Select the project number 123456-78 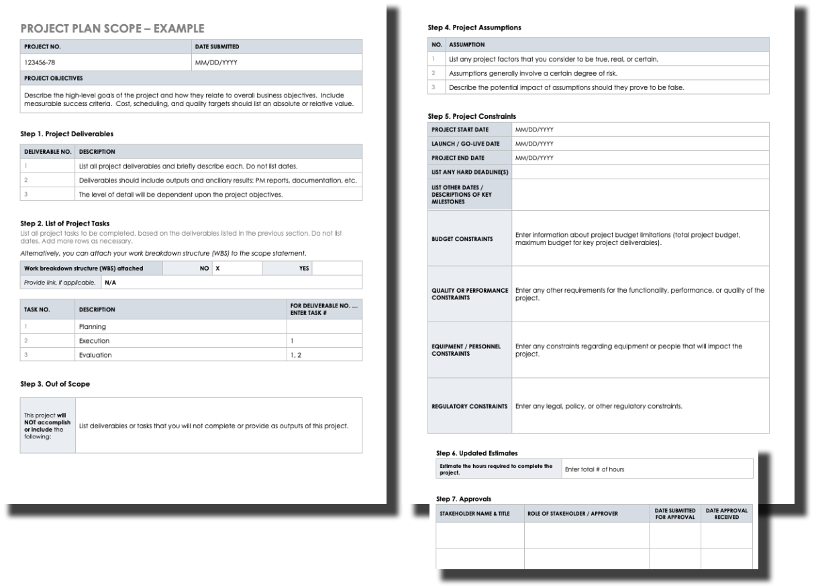[x=40, y=62]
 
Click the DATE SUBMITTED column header [x=217, y=46]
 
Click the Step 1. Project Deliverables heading [x=69, y=134]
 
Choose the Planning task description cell [x=93, y=326]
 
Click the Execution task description [x=95, y=340]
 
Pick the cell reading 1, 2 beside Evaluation [x=295, y=354]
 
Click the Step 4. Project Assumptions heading [x=474, y=28]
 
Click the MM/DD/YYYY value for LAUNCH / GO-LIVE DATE [x=534, y=144]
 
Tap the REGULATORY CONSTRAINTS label [x=468, y=406]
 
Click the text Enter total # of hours [x=595, y=469]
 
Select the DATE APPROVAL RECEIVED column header [x=726, y=513]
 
